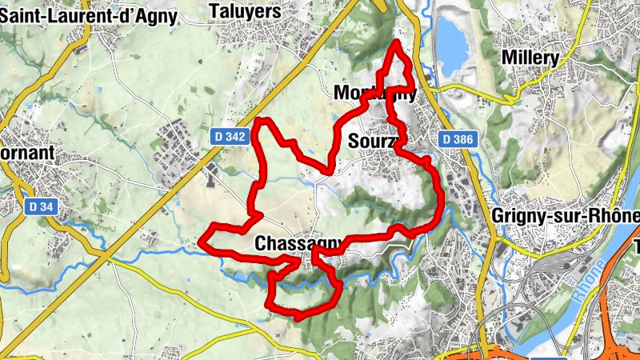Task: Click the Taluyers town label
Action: coord(245,11)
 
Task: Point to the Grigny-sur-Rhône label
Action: coord(566,217)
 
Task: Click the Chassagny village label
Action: coord(299,242)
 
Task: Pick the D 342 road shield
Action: coord(230,138)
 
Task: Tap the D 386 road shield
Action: coord(458,140)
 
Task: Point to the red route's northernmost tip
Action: coord(396,41)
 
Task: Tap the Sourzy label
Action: coord(372,142)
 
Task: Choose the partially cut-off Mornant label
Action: coord(27,153)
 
